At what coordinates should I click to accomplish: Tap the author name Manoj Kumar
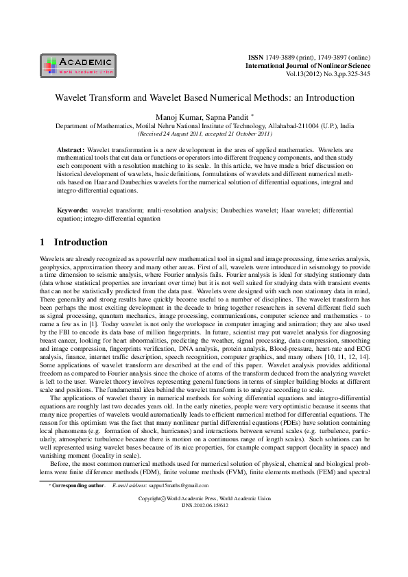180,118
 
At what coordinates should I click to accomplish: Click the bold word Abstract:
71,149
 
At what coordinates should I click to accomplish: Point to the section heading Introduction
81,243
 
